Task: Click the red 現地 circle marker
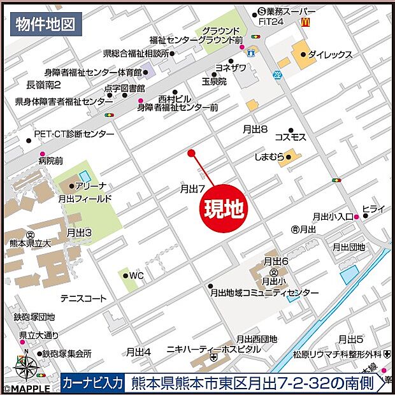coord(224,210)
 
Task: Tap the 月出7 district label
coord(192,189)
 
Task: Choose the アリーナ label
coord(90,185)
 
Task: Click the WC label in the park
coord(137,276)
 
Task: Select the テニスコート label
coord(83,298)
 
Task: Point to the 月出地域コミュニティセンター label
coord(264,292)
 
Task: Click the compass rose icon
coord(27,368)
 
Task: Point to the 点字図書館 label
coord(124,88)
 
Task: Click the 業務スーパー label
coord(291,11)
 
